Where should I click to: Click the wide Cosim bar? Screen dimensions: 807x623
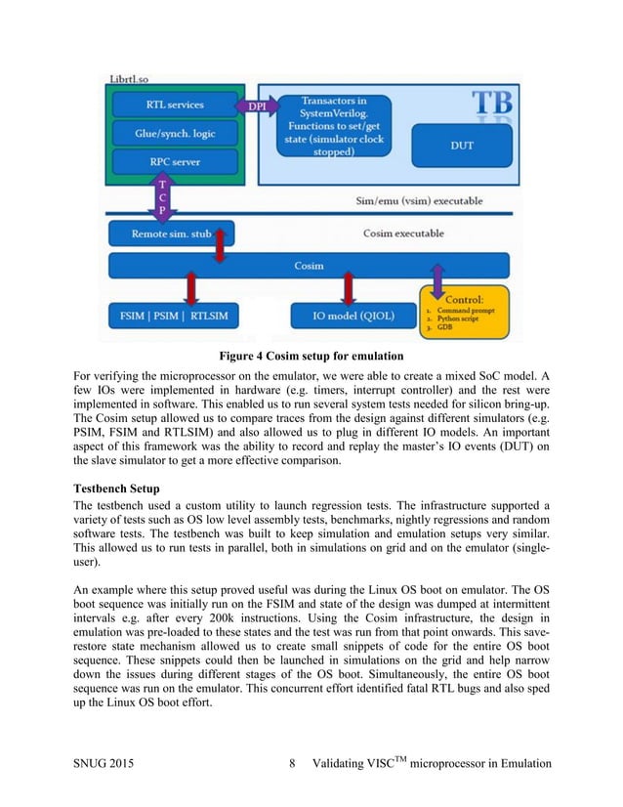(x=309, y=266)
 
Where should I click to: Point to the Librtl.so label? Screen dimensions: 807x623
(x=127, y=77)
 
